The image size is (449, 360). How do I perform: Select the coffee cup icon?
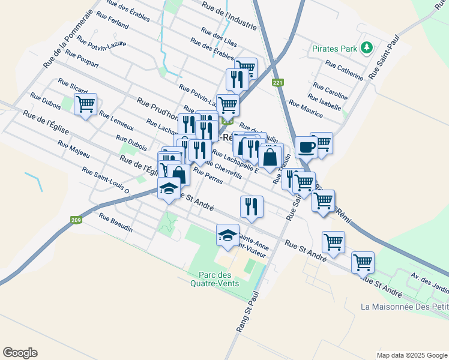tap(306, 147)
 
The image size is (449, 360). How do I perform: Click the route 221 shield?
tap(277, 83)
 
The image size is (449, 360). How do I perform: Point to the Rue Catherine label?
tap(344, 70)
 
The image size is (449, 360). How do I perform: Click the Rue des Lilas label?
tap(219, 37)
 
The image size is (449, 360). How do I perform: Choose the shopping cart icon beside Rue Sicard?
tap(86, 104)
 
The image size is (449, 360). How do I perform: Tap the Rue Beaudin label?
tap(115, 223)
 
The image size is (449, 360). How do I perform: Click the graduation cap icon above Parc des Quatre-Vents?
tap(228, 236)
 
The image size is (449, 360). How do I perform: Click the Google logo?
tap(20, 353)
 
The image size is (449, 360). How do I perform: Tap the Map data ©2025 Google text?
tap(411, 355)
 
